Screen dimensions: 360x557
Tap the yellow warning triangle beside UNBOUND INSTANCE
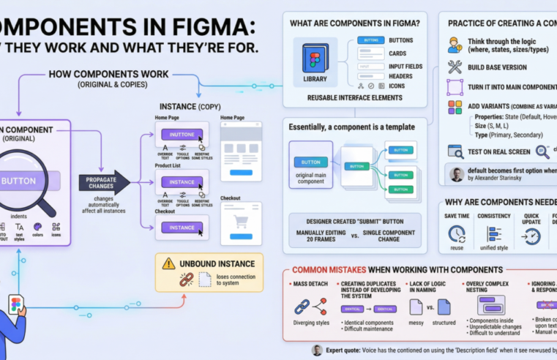[x=168, y=263]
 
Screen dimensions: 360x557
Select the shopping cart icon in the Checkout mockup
[x=240, y=222]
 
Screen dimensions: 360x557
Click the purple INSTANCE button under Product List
[x=182, y=181]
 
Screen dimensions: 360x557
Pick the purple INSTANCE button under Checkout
[x=182, y=228]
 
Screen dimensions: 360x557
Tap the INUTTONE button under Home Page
[x=182, y=135]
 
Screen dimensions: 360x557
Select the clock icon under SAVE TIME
[x=457, y=235]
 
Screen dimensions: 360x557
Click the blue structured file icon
[x=444, y=307]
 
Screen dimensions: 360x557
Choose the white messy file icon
[x=416, y=307]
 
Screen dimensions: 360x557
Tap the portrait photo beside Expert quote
[x=317, y=350]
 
